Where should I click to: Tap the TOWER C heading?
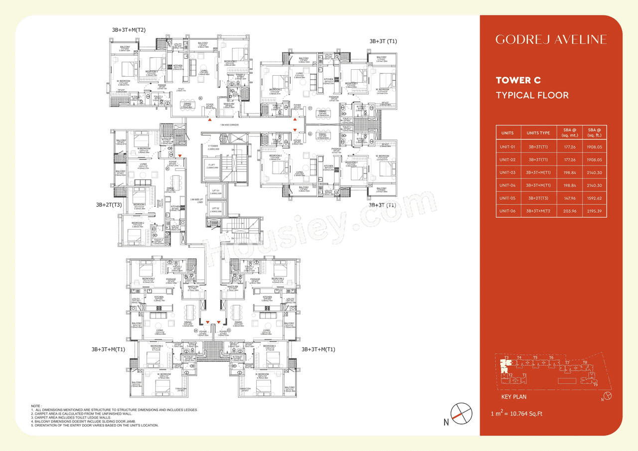518,80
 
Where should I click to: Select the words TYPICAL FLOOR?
532,95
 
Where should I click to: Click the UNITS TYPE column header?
538,133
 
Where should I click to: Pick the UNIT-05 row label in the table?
507,198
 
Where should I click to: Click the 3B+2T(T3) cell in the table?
538,198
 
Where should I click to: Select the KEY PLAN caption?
513,397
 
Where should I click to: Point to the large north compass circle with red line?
458,413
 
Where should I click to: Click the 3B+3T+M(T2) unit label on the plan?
129,30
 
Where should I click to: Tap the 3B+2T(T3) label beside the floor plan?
109,205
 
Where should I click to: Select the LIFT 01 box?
215,191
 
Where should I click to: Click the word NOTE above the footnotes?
36,406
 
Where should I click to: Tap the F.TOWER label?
213,147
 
